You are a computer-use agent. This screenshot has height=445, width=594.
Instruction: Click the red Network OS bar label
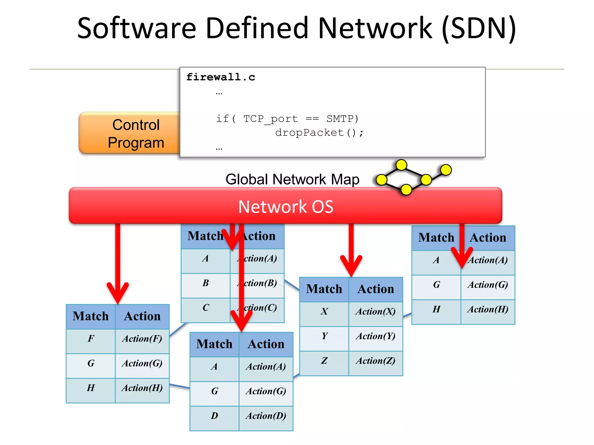pyautogui.click(x=286, y=207)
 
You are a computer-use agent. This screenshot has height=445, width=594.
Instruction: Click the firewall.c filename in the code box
pyautogui.click(x=220, y=77)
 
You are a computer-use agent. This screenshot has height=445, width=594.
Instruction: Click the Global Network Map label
pyautogui.click(x=292, y=179)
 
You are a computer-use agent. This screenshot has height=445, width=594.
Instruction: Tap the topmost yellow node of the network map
pyautogui.click(x=401, y=165)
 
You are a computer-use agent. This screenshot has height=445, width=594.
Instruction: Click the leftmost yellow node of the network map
pyautogui.click(x=381, y=180)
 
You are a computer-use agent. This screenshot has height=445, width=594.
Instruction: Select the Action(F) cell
pyautogui.click(x=142, y=339)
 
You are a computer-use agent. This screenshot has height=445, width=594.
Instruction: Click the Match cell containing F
pyautogui.click(x=91, y=339)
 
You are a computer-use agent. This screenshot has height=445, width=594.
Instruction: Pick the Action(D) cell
pyautogui.click(x=266, y=416)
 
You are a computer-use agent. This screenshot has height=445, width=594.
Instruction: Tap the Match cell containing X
pyautogui.click(x=324, y=311)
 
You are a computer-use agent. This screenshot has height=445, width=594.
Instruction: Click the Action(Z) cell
pyautogui.click(x=376, y=361)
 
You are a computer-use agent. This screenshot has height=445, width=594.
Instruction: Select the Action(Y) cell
pyautogui.click(x=376, y=336)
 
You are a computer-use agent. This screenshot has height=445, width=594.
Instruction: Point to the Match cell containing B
pyautogui.click(x=206, y=283)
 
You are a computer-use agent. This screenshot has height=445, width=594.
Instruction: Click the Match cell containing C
pyautogui.click(x=206, y=308)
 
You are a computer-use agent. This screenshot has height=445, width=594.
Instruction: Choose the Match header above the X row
pyautogui.click(x=324, y=289)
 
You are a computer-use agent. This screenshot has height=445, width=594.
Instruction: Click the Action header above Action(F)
pyautogui.click(x=142, y=316)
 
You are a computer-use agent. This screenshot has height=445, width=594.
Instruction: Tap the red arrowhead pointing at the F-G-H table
pyautogui.click(x=118, y=293)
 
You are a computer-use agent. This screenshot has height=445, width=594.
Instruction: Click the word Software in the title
pyautogui.click(x=137, y=28)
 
